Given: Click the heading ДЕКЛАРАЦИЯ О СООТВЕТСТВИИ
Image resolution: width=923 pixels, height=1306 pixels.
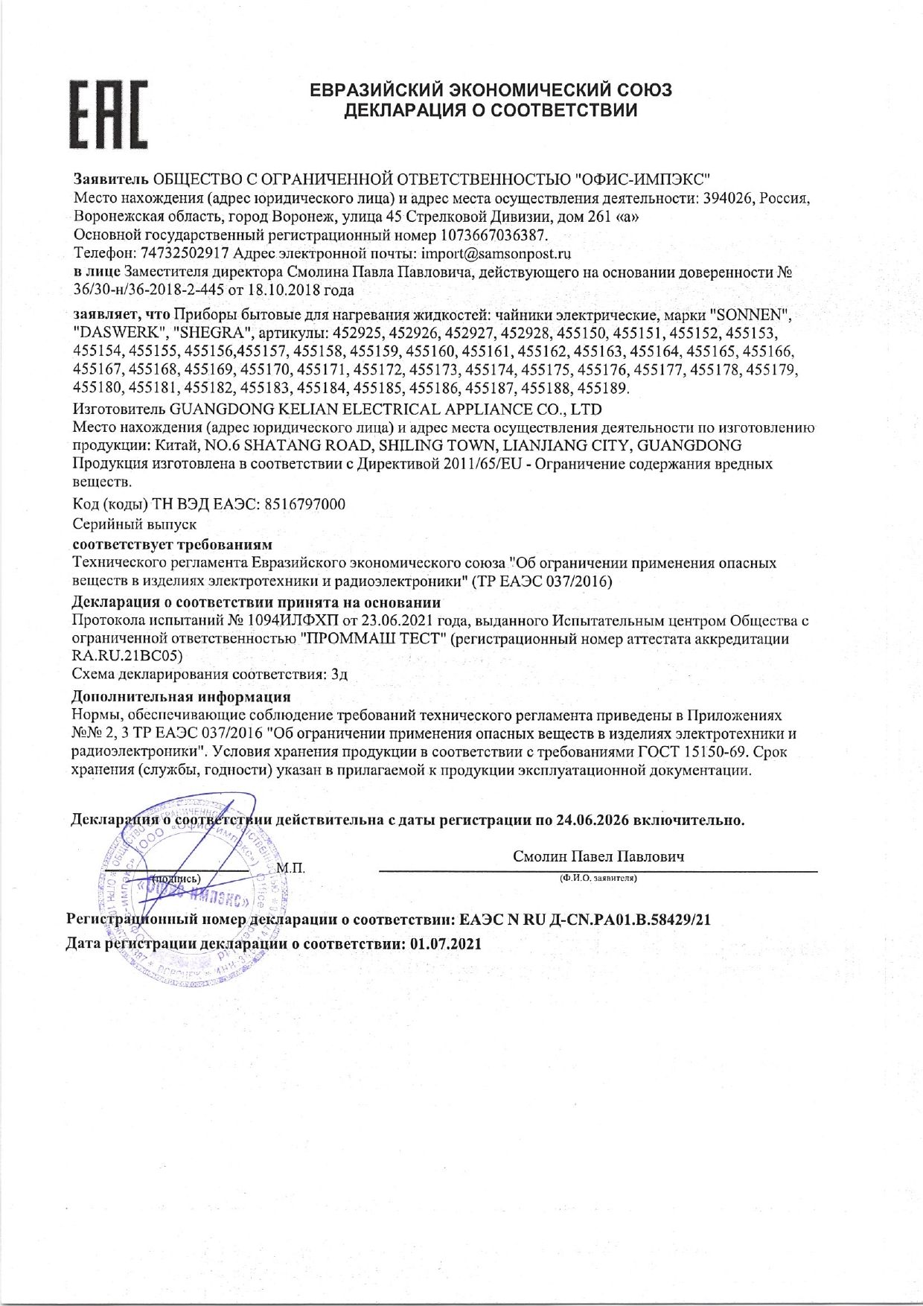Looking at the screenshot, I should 491,111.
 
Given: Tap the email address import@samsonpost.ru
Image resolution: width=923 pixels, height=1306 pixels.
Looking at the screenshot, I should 496,253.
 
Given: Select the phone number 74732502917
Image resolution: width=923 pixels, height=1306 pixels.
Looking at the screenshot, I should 185,253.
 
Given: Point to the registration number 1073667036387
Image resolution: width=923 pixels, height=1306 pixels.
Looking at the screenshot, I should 494,235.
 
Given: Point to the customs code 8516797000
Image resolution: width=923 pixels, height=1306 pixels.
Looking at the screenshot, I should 304,504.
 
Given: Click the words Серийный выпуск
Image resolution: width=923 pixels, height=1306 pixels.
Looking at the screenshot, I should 135,524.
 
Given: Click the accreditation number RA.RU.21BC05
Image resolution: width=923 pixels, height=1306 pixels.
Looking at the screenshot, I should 127,656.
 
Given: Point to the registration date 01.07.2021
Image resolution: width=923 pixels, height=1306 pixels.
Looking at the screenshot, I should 446,944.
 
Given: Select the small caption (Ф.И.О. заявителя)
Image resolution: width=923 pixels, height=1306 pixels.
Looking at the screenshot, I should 598,879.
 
